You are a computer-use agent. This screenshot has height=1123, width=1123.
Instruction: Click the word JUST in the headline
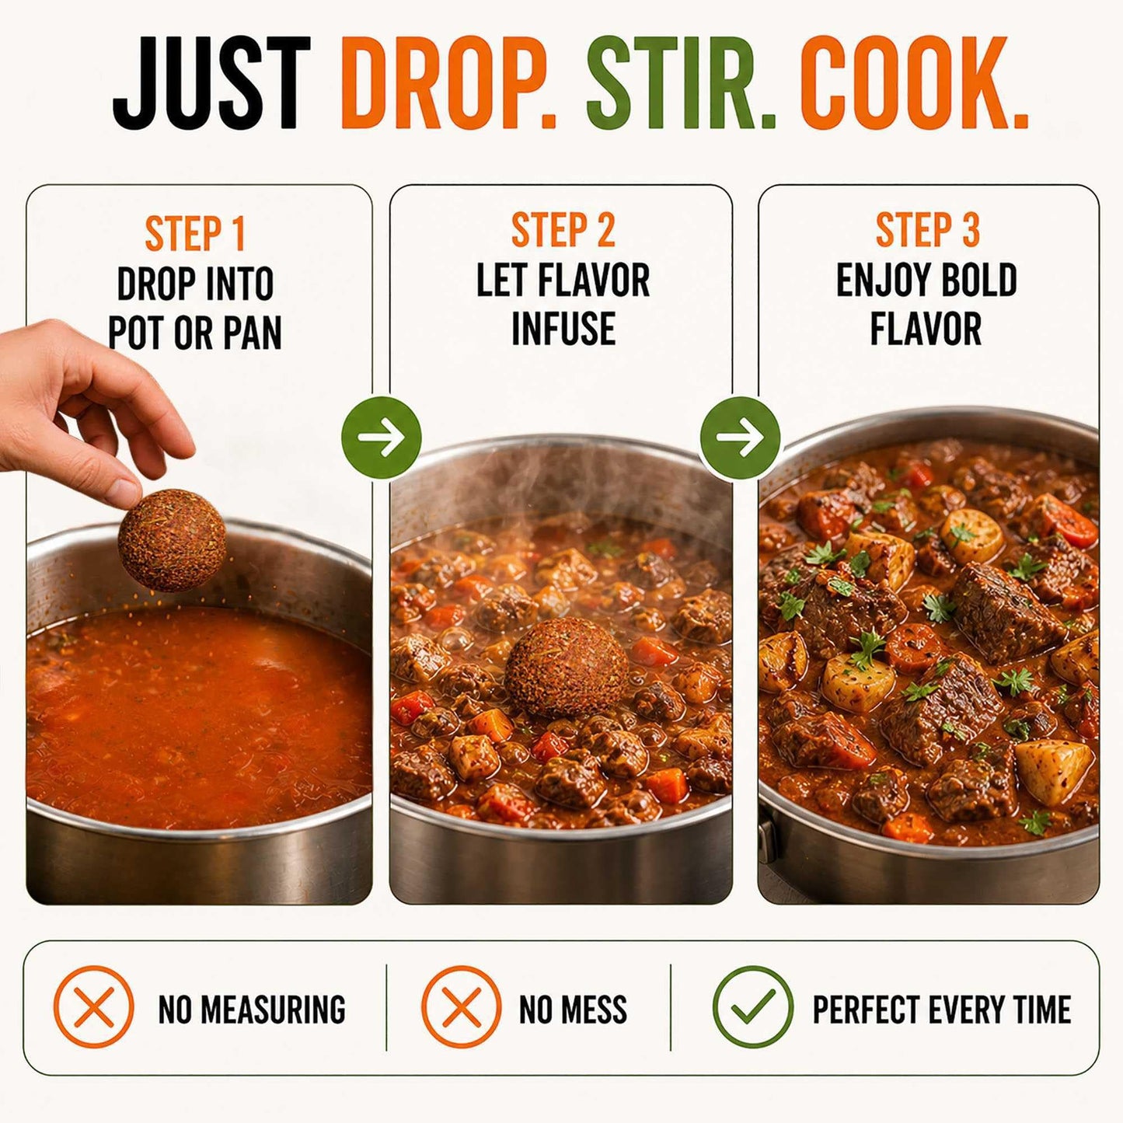pos(211,82)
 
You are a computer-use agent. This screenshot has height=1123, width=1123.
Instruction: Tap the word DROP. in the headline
pos(448,82)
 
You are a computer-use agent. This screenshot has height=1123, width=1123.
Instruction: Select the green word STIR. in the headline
pos(681,82)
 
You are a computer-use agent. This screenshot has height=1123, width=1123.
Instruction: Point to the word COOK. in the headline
pos(915,82)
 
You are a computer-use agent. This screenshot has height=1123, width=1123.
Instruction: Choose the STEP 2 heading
pos(563,230)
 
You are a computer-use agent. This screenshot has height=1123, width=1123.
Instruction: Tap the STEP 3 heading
pos(928,230)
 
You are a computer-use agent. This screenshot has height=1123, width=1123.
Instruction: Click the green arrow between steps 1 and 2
pos(381,437)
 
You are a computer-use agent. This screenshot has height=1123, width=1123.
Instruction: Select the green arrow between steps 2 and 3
pos(740,437)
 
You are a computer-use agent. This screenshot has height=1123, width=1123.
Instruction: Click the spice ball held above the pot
pos(172,539)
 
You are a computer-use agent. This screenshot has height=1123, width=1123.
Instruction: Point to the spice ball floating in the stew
pos(567,668)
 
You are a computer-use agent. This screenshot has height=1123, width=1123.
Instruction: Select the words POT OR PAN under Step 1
pos(194,333)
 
